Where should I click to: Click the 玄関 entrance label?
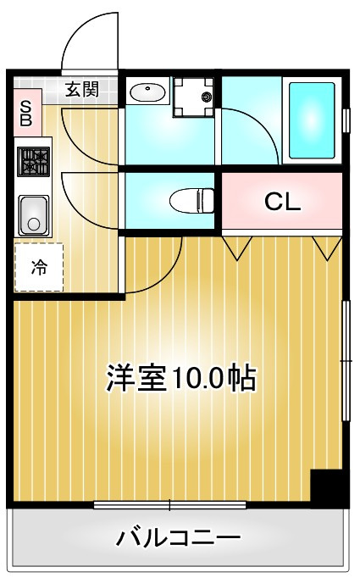click(x=82, y=89)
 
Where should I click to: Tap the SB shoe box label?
click(x=25, y=114)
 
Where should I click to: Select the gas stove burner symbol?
click(x=34, y=162)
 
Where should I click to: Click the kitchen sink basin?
click(x=34, y=215)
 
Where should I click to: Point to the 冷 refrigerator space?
click(x=39, y=267)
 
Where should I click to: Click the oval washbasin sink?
click(x=147, y=92)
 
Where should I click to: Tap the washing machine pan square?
click(x=194, y=97)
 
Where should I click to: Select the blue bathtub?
click(x=312, y=120)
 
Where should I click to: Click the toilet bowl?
click(x=191, y=201)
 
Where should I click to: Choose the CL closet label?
click(x=283, y=201)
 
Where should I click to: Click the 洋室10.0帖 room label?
click(x=181, y=379)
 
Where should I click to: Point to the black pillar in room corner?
click(x=326, y=486)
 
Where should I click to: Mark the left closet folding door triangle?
click(x=237, y=247)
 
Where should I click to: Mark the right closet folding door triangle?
click(x=328, y=247)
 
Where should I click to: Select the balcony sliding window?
click(x=169, y=504)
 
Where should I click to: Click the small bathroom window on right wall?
click(x=346, y=120)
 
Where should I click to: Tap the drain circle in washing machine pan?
click(x=206, y=97)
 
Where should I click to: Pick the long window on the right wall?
click(x=346, y=360)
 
